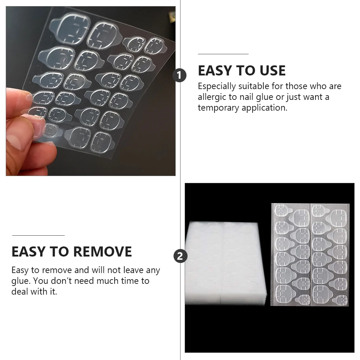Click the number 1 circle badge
(180, 76)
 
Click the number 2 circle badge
(180, 256)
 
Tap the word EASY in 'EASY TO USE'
(215, 71)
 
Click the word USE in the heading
(271, 71)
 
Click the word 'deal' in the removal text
(19, 291)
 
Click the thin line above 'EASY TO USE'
(223, 54)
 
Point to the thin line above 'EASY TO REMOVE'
(38, 235)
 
